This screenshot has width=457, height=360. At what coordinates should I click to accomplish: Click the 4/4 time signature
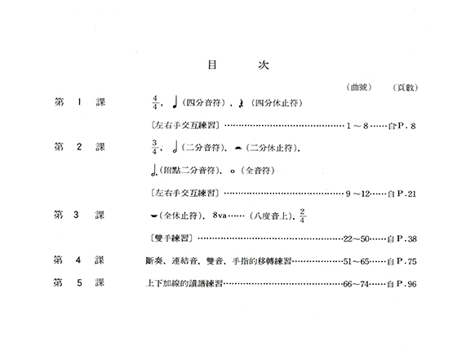155,103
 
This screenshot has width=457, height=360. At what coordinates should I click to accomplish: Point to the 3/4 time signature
154,147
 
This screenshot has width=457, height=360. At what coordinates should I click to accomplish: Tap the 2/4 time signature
302,216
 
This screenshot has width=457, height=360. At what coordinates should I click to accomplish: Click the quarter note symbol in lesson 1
175,102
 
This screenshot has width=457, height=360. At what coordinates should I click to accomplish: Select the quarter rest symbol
241,103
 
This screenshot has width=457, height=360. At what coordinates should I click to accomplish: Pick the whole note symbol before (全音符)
233,171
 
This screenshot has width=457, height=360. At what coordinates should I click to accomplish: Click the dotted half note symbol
154,171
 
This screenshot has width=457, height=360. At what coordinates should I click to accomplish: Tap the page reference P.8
406,126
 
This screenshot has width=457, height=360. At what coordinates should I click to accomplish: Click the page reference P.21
406,193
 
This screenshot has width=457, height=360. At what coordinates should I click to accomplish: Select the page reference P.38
406,239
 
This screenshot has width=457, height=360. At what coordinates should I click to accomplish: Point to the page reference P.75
406,261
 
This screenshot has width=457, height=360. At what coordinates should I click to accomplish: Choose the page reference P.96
406,284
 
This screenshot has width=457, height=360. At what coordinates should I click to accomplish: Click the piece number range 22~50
357,239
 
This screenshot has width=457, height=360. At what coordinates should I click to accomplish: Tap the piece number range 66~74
356,284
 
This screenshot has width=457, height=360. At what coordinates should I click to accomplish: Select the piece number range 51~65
356,261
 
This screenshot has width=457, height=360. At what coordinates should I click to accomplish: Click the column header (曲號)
359,87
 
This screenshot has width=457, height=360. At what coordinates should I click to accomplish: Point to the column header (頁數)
406,87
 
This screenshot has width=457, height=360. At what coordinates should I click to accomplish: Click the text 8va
220,216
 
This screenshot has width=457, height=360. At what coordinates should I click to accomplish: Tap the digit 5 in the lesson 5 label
79,282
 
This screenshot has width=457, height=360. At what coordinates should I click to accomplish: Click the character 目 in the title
212,64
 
